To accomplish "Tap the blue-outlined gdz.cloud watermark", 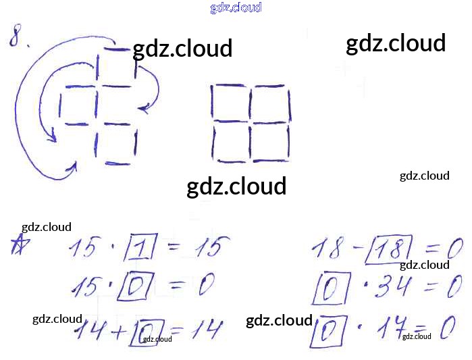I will [x=236, y=8].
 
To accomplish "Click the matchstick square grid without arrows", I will [x=251, y=124].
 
